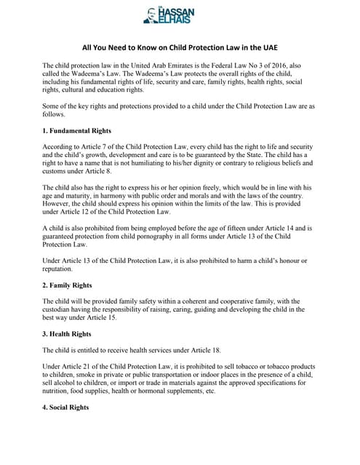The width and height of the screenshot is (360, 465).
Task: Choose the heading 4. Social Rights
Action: click(x=70, y=408)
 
